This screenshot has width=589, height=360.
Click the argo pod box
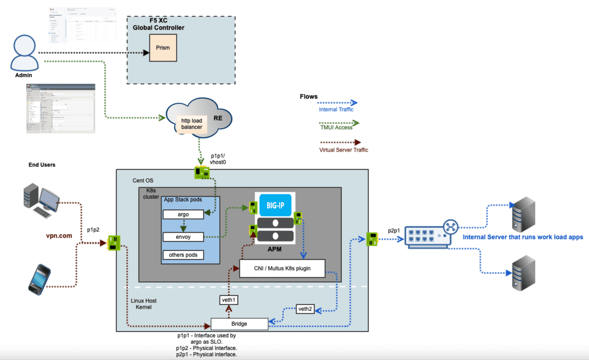click(183, 215)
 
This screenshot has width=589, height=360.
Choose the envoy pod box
click(183, 237)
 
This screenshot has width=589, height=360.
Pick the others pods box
click(183, 255)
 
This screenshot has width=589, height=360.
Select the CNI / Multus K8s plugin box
click(282, 268)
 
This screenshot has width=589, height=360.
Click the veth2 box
click(305, 309)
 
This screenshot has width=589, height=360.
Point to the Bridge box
click(240, 324)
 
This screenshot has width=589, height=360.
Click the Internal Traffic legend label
click(336, 110)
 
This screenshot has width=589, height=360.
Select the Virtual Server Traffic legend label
click(343, 150)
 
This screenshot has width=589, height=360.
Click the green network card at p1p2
click(114, 242)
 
